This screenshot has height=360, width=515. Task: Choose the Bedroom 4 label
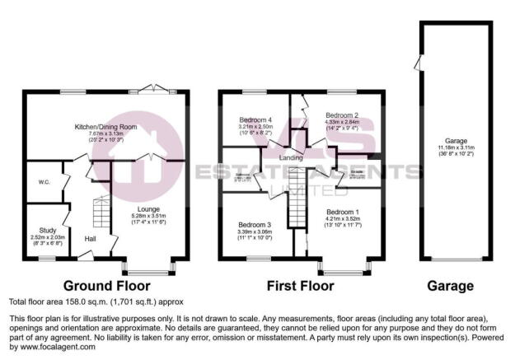pos(255,119)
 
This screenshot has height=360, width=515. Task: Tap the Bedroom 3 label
pos(255,224)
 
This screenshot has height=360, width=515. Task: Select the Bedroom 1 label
pos(341,212)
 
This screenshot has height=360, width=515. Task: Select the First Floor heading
pos(301,287)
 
